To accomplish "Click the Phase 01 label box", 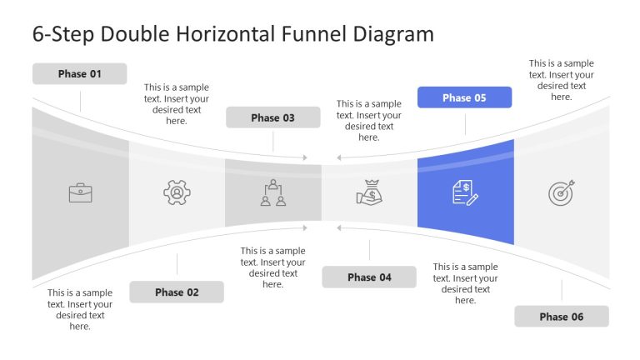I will click(x=79, y=74).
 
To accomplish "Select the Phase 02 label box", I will click(x=177, y=292).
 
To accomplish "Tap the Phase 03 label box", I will click(x=272, y=118).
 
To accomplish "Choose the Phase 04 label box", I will click(x=369, y=277).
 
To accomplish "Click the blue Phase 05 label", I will click(x=464, y=98).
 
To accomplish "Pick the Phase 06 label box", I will click(x=561, y=317).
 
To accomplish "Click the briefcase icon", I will click(x=80, y=192).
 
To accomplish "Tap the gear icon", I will click(x=177, y=192).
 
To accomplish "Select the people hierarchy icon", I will click(x=272, y=192).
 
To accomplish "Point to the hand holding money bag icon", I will click(x=369, y=192).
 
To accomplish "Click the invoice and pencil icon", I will click(x=465, y=192).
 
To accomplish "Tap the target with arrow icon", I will click(x=561, y=192).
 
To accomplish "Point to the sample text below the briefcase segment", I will click(x=80, y=309).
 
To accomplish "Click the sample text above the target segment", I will click(x=561, y=80).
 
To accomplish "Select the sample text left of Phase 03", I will click(x=177, y=103).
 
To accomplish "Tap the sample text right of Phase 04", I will click(x=465, y=283).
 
